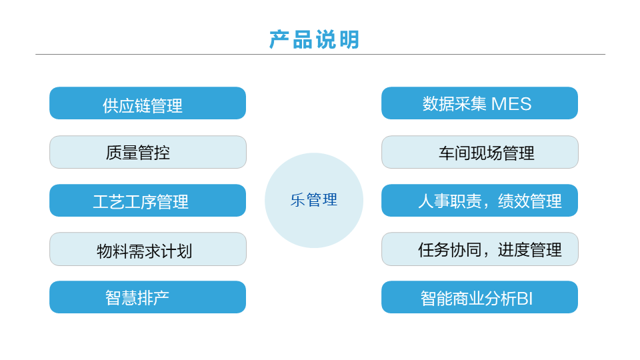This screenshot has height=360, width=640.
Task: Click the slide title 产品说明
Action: [x=314, y=39]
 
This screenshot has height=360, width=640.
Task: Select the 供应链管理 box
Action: [x=147, y=103]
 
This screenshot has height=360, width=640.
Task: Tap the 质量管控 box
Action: [x=148, y=152]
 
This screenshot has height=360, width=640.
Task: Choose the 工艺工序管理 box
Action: [x=147, y=201]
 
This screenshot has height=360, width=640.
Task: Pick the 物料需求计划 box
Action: [x=148, y=249]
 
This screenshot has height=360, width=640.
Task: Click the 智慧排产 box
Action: [x=147, y=297]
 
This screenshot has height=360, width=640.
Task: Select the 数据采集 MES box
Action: [x=479, y=103]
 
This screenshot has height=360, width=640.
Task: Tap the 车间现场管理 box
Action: [x=480, y=152]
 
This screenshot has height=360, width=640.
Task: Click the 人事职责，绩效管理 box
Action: [x=479, y=201]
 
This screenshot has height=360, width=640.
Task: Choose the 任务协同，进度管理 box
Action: [x=480, y=249]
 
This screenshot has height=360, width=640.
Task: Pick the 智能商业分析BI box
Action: [x=479, y=297]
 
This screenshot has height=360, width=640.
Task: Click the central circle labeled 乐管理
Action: [x=314, y=201]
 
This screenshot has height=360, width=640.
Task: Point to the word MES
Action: [x=511, y=104]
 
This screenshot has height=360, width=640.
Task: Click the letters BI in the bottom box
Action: [x=525, y=299]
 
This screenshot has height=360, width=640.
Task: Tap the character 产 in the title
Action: [x=279, y=39]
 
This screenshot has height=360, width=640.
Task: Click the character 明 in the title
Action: [x=349, y=39]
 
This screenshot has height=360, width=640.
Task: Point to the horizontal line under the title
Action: [x=320, y=54]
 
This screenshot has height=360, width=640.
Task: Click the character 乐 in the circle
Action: [x=297, y=200]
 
